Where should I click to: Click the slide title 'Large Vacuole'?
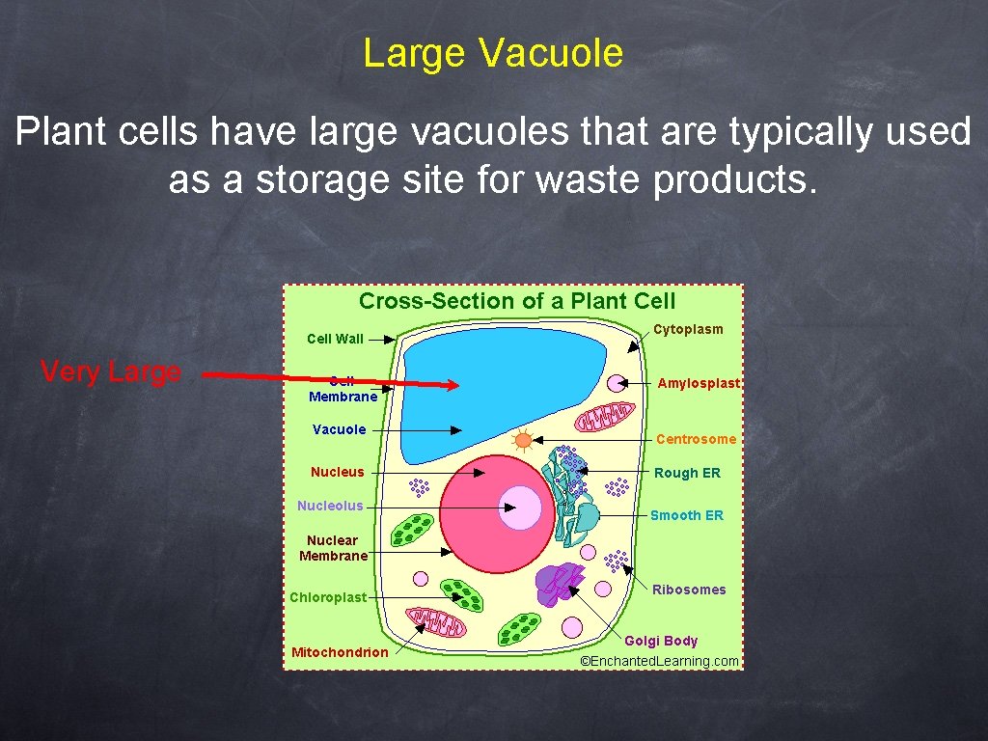click(493, 53)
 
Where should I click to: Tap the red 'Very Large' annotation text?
click(111, 371)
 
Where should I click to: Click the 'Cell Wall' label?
click(335, 339)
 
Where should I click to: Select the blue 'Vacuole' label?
click(339, 429)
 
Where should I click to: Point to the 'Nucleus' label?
click(338, 472)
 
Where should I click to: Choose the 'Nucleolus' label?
click(330, 506)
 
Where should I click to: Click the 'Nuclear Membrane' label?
click(333, 548)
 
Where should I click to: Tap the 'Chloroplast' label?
click(328, 597)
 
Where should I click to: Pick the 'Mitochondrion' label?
click(340, 652)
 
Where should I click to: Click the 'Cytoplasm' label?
click(688, 329)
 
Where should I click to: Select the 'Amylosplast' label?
click(699, 383)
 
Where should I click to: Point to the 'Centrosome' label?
click(696, 439)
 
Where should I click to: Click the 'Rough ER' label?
click(687, 473)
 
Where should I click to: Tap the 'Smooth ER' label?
click(686, 515)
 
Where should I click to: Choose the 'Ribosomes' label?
click(689, 590)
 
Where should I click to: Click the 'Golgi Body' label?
click(661, 641)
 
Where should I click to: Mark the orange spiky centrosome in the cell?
click(523, 440)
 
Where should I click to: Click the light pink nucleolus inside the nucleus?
click(520, 508)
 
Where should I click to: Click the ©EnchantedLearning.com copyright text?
click(659, 661)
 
